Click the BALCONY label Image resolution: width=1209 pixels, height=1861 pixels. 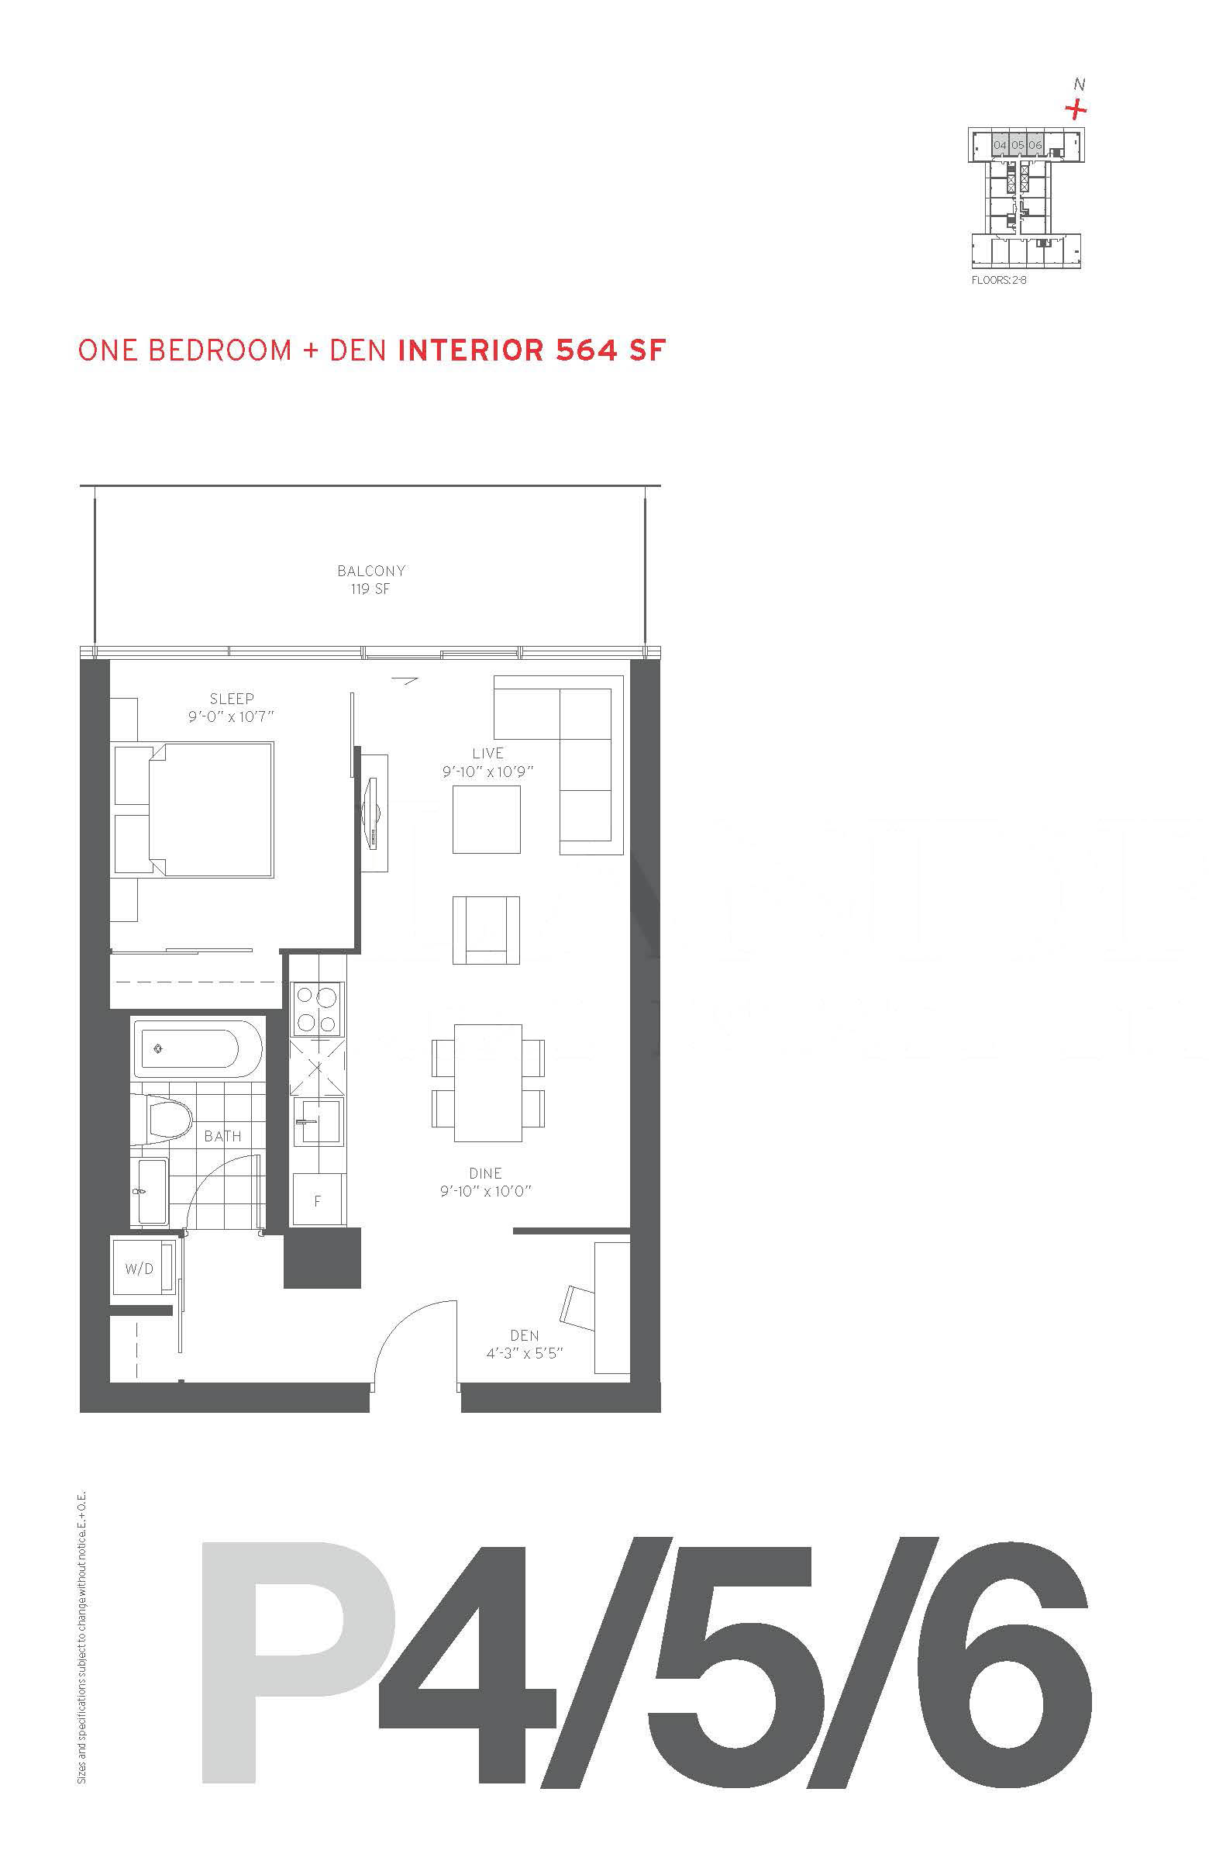pyautogui.click(x=371, y=571)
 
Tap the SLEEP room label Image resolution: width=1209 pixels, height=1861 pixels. pyautogui.click(x=231, y=699)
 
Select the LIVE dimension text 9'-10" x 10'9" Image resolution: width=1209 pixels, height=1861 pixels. pyautogui.click(x=487, y=772)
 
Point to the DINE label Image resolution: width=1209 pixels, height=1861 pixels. pyautogui.click(x=485, y=1173)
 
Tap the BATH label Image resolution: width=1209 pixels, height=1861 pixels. pyautogui.click(x=222, y=1136)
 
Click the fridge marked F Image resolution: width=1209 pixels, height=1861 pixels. pyautogui.click(x=317, y=1200)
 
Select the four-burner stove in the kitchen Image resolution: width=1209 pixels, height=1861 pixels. pyautogui.click(x=317, y=1010)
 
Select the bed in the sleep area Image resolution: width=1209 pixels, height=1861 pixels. pyautogui.click(x=194, y=810)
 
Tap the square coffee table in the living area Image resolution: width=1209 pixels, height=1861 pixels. pyautogui.click(x=486, y=819)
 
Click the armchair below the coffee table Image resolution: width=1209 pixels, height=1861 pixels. pyautogui.click(x=486, y=930)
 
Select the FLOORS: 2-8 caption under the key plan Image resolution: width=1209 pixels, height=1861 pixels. pyautogui.click(x=998, y=280)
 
